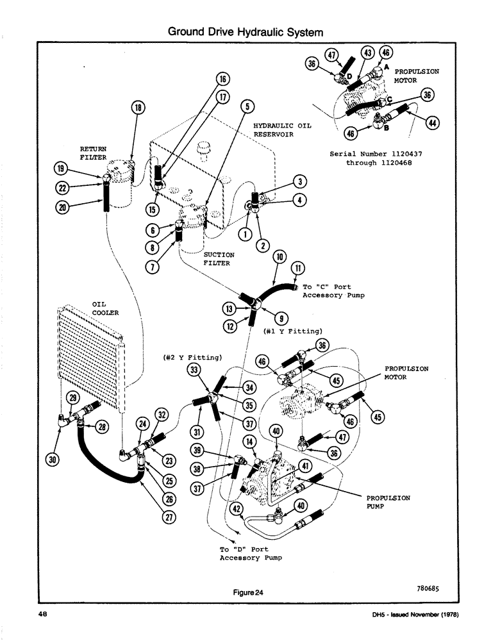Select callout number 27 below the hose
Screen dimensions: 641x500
(171, 519)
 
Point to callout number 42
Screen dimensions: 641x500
(237, 510)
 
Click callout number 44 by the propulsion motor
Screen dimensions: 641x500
(432, 123)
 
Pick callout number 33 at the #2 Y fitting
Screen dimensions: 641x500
(192, 370)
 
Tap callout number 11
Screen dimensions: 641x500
(297, 267)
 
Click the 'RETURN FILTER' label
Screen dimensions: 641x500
(94, 153)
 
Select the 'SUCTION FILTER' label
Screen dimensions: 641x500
(219, 258)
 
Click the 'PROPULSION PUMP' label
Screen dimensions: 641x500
(389, 501)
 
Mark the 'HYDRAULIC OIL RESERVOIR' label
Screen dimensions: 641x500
(282, 130)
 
